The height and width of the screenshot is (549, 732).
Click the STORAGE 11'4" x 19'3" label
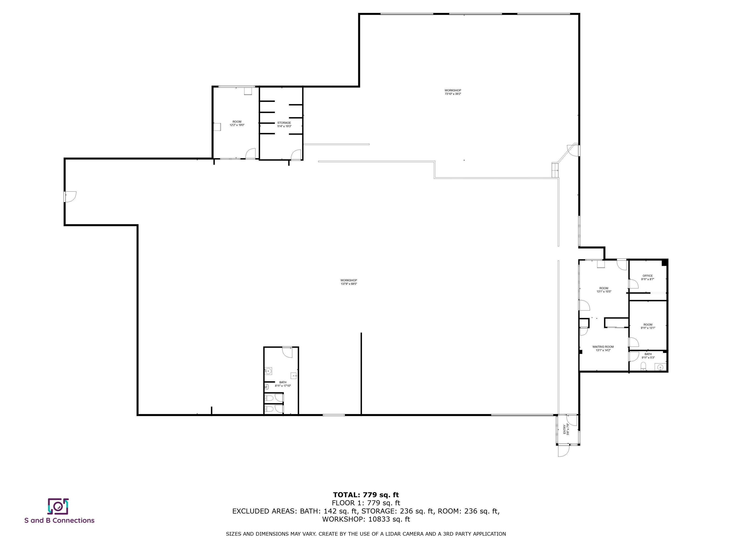tap(284, 124)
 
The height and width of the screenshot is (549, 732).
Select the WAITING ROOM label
tap(603, 348)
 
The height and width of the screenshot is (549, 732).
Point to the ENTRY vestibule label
tap(566, 429)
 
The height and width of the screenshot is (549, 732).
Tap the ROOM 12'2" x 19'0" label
tap(237, 123)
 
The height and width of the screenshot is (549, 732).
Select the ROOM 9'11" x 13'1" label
tap(648, 326)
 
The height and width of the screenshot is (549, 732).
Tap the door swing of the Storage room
tap(296, 155)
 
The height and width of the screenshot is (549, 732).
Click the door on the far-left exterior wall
tap(70, 197)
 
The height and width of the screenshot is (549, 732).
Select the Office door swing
tap(633, 284)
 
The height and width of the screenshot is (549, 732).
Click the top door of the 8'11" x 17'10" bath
tap(287, 352)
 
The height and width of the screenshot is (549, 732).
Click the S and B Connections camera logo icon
tap(58, 506)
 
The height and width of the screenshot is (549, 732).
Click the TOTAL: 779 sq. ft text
tap(366, 495)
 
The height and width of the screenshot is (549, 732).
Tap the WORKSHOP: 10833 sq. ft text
tap(366, 519)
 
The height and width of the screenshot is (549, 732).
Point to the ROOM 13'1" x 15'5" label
tap(604, 290)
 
